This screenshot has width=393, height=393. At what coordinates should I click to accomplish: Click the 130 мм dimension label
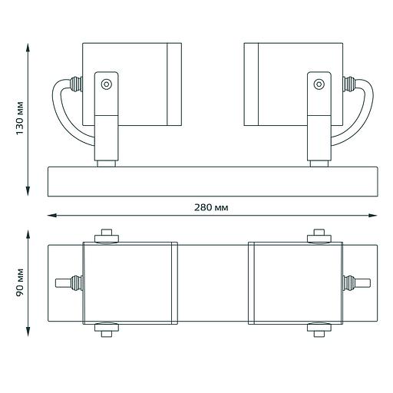click(x=20, y=118)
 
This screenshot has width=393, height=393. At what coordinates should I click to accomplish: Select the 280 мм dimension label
click(x=211, y=207)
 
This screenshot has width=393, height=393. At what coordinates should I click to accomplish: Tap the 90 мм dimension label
click(x=20, y=282)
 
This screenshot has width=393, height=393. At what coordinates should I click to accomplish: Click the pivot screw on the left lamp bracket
click(x=107, y=84)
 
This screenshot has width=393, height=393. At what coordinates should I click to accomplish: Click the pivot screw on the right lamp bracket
click(x=319, y=84)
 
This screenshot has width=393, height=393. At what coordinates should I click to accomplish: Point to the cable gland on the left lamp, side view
click(x=76, y=84)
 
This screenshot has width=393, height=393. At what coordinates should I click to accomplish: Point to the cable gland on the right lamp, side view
click(x=349, y=84)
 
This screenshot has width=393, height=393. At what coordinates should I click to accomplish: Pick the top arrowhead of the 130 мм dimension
click(x=28, y=48)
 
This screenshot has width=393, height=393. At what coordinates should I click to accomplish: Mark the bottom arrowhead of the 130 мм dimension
click(x=28, y=191)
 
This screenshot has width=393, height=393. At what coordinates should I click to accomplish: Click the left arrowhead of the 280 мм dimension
click(x=52, y=216)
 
